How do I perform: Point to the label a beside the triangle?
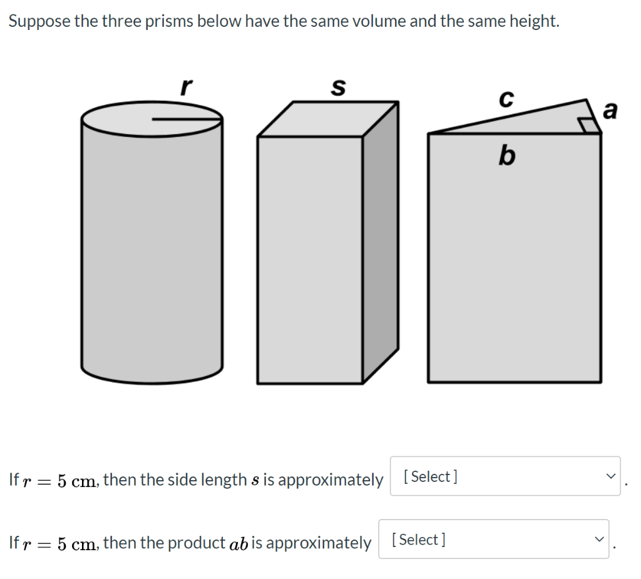point(610,111)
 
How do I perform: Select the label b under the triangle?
point(507,155)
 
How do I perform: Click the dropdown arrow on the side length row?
point(609,476)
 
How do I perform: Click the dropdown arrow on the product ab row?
point(597,539)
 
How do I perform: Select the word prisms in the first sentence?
point(172,21)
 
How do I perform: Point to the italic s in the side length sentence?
point(255,480)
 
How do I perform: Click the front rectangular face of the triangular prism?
point(514,257)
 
